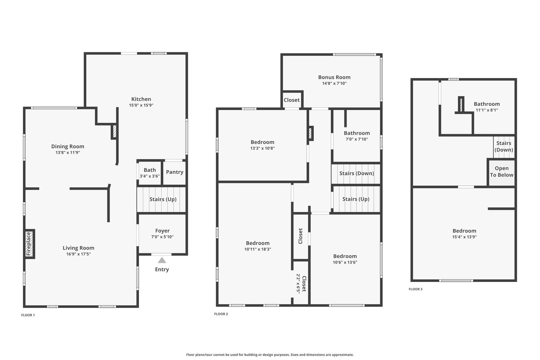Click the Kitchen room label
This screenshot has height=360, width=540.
tap(141, 99)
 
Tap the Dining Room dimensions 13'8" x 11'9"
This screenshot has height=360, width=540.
tap(68, 153)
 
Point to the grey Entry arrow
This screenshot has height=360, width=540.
tap(162, 260)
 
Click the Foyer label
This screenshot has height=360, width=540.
tap(162, 231)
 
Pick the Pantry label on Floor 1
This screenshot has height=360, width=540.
tap(175, 172)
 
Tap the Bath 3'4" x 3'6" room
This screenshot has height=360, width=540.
tap(150, 173)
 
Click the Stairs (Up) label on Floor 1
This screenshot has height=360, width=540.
tap(163, 199)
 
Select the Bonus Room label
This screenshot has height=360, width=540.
tap(334, 77)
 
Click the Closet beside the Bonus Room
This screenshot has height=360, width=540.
tap(292, 100)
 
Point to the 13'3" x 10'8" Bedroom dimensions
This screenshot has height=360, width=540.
tap(263, 148)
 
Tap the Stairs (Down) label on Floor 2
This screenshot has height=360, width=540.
tap(357, 173)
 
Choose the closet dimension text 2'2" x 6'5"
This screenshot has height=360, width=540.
tap(298, 284)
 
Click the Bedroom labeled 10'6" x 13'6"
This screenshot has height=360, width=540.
tap(345, 259)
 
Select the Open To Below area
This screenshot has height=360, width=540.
tap(501, 172)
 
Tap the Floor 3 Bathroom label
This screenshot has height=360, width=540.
tap(487, 104)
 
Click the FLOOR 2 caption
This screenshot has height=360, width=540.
tap(221, 314)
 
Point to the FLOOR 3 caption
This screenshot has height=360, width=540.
tap(416, 289)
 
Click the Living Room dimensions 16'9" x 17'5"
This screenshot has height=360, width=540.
tap(79, 254)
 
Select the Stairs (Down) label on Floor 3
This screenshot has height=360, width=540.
tap(504, 147)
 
